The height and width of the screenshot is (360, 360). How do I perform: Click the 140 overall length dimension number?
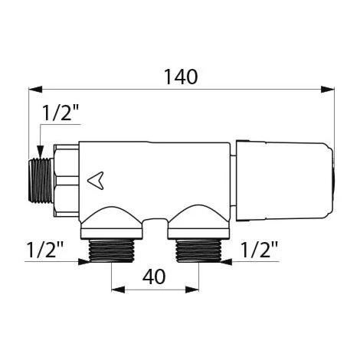click(181, 77)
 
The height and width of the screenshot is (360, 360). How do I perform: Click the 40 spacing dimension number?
click(155, 277)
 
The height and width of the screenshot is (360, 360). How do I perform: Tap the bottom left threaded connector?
click(112, 252)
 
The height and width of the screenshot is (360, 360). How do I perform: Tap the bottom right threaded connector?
click(198, 252)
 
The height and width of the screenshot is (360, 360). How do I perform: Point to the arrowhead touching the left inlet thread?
click(38, 154)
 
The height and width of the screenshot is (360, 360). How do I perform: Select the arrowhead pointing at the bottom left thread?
click(85, 261)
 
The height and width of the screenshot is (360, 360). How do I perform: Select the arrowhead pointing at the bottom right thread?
click(224, 261)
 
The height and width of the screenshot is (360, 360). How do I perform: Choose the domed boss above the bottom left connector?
click(113, 218)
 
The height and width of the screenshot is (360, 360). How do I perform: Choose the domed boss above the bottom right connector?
click(198, 218)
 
